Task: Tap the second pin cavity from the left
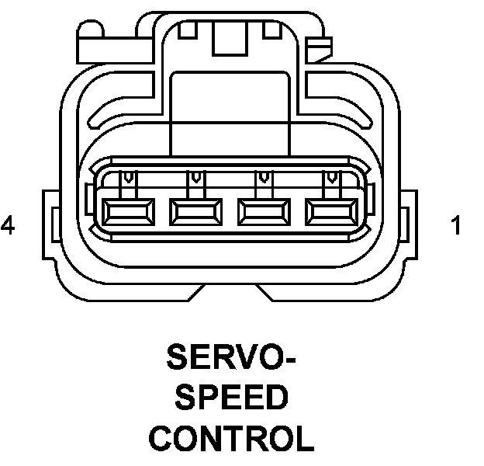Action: (x=195, y=210)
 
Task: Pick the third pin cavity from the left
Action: (x=263, y=210)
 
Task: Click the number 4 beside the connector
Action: (x=9, y=226)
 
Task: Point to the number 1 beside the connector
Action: (x=456, y=226)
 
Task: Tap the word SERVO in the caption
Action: (x=223, y=359)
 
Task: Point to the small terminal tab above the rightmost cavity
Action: (x=333, y=181)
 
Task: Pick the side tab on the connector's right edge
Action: (x=411, y=225)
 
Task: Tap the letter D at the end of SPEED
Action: (x=275, y=399)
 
